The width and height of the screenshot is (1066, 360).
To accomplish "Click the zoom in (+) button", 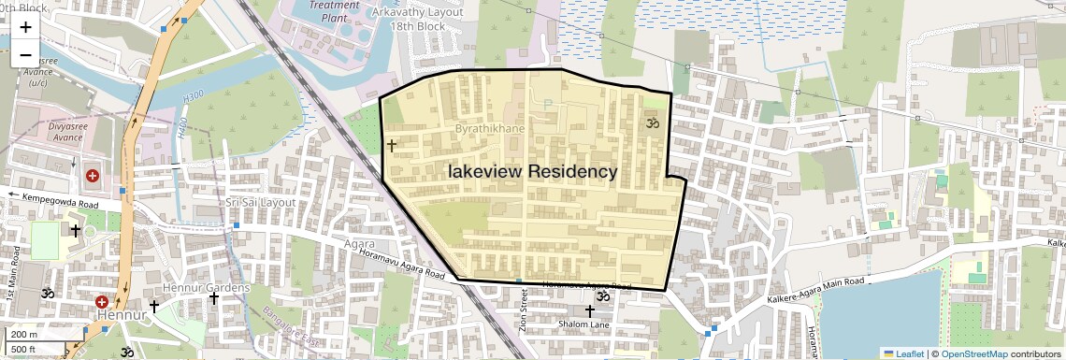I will [25, 26].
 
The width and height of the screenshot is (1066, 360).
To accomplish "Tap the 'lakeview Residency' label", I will [533, 172].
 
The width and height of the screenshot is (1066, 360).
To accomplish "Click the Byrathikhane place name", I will [490, 127].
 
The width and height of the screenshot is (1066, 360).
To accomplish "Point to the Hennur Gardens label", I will [207, 287].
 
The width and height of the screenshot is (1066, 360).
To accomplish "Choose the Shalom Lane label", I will [583, 324].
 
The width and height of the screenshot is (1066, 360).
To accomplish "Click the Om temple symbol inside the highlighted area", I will [653, 122].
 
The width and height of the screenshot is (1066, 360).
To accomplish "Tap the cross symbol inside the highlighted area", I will [391, 146].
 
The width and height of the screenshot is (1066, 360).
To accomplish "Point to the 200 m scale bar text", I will [24, 334].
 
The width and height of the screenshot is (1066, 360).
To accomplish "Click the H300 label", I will [194, 96].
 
